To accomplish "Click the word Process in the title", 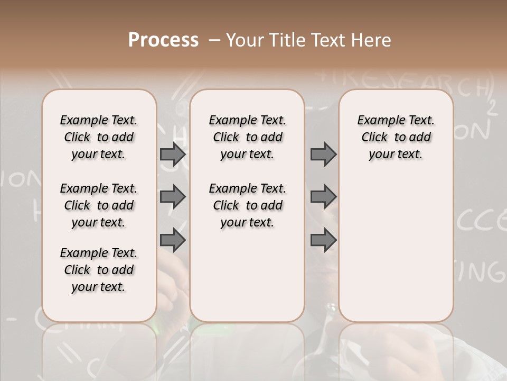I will [x=163, y=40].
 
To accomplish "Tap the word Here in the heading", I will [x=371, y=40].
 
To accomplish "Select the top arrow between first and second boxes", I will [x=173, y=154].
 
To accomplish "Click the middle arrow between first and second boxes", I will [x=173, y=197].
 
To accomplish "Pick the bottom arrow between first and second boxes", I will [x=173, y=241].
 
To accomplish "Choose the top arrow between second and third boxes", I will [x=323, y=154].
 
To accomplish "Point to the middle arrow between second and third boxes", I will [x=323, y=197].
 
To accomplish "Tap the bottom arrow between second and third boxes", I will [x=323, y=241].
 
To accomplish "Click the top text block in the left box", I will [x=99, y=137].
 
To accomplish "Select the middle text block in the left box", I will [x=99, y=205].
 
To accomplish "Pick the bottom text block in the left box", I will [x=99, y=270].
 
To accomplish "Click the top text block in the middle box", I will [x=247, y=137].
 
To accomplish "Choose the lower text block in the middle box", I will [x=247, y=205].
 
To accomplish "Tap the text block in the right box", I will [x=396, y=137].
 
